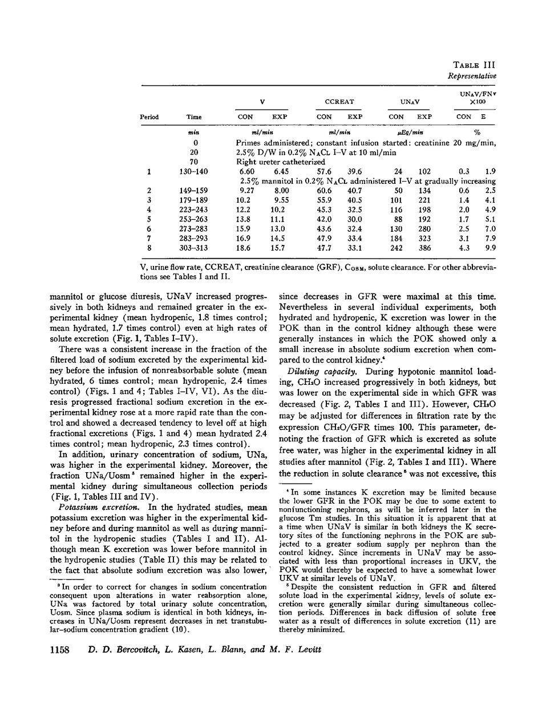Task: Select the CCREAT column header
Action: click(339, 102)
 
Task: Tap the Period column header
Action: click(149, 117)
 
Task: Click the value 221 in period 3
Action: click(424, 200)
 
